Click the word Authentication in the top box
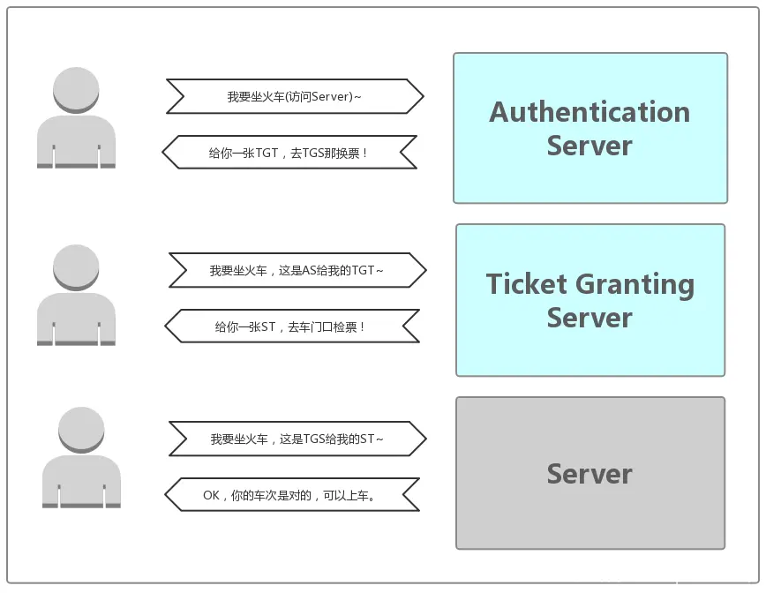click(590, 112)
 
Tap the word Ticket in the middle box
click(527, 284)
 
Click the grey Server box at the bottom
click(590, 473)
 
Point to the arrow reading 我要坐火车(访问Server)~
click(295, 96)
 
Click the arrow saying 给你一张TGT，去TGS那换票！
click(289, 153)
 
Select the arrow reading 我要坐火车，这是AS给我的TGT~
click(297, 270)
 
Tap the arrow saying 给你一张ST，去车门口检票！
click(292, 326)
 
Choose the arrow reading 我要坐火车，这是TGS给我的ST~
click(297, 439)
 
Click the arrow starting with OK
click(292, 495)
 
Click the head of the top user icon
click(76, 90)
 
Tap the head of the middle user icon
click(76, 267)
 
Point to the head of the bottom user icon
click(81, 430)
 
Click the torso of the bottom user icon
click(81, 482)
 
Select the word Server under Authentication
click(590, 146)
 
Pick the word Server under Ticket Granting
click(590, 318)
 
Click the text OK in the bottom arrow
click(211, 495)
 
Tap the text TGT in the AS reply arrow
click(267, 153)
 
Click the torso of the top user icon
click(76, 142)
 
